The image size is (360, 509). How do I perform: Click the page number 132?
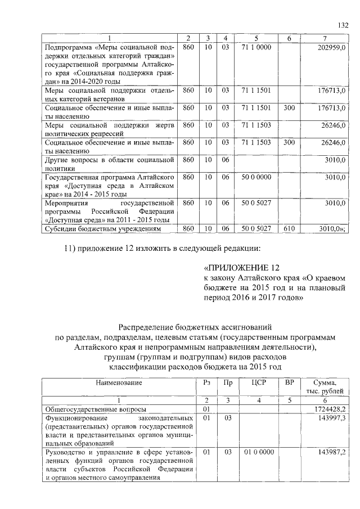click(343, 25)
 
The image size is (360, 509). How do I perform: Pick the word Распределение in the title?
click(148, 326)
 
